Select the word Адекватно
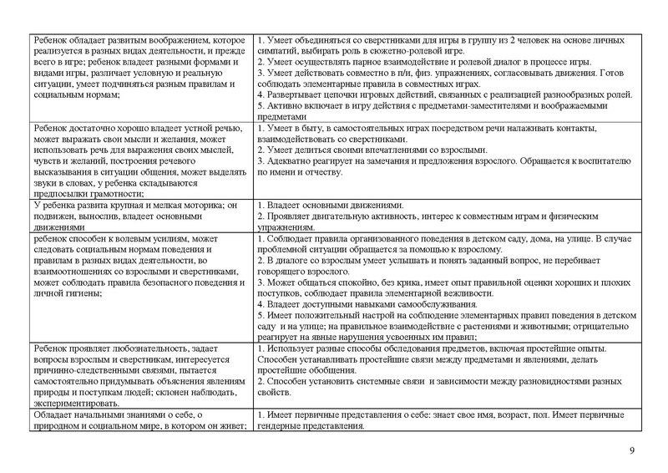[291, 160]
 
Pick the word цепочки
[337, 94]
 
